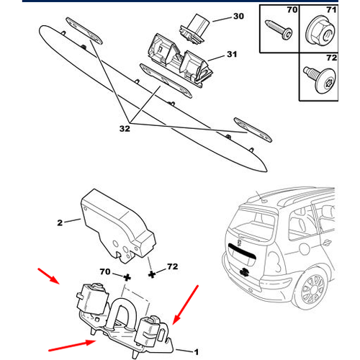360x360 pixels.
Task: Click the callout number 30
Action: [x=238, y=17]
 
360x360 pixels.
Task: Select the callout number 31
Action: [x=232, y=54]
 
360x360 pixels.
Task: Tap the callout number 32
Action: [x=125, y=129]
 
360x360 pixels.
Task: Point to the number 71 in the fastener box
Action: [x=331, y=10]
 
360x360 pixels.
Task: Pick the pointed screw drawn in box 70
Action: [x=279, y=30]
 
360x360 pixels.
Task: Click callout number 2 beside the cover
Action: [x=60, y=222]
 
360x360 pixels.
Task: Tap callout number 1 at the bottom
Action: [x=196, y=352]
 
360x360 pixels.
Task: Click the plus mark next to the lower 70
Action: [x=127, y=278]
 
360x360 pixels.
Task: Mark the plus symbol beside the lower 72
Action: [x=152, y=274]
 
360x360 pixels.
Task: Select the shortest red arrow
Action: [x=49, y=276]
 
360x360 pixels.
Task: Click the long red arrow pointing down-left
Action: [x=186, y=305]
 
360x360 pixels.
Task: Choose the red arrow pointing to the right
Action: [x=72, y=346]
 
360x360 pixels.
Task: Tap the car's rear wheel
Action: [x=312, y=289]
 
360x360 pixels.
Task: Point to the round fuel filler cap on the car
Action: [x=305, y=248]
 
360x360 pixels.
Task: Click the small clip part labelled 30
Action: [x=194, y=29]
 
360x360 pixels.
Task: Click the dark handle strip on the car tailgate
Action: [x=242, y=251]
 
